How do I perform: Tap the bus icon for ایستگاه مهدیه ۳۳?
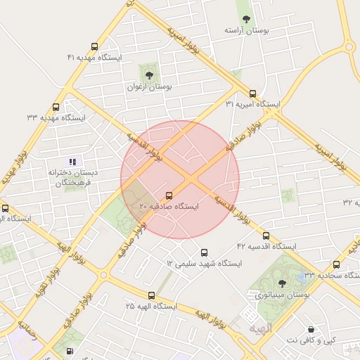click(56, 108)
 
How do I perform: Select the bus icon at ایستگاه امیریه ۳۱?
click(252, 94)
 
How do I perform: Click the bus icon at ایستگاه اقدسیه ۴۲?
click(266, 236)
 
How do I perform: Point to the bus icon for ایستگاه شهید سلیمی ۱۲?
click(205, 252)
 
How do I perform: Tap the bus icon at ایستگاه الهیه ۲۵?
click(151, 295)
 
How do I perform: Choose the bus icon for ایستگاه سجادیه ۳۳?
click(336, 264)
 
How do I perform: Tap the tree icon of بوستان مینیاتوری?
click(282, 284)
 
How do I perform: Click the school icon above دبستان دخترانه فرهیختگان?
click(73, 162)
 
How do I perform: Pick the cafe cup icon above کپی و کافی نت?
click(311, 330)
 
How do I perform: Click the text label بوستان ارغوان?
click(149, 87)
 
